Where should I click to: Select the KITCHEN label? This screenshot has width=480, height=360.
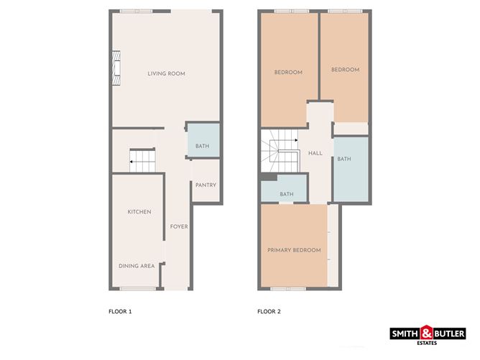coord(139,212)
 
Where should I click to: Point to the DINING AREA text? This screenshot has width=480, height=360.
coord(137,266)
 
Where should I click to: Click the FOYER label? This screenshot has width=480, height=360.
coord(178,227)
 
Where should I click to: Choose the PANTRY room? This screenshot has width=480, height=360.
coord(204,185)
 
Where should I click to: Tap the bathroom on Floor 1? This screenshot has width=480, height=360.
coord(202,147)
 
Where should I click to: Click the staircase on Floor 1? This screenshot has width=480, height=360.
coord(142,160)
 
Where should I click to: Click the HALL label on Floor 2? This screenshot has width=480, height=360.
coord(315,154)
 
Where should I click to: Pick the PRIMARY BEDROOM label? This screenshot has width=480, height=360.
coord(294,250)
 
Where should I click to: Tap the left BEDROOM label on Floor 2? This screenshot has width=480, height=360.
coord(288,73)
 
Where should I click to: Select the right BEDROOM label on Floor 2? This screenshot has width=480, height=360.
coord(345,70)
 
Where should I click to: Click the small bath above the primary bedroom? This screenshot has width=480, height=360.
coord(287,194)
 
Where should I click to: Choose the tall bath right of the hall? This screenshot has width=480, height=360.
coord(344,160)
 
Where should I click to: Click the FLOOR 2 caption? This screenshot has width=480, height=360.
coord(270,312)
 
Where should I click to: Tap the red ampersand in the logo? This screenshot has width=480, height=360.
coord(427,333)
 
